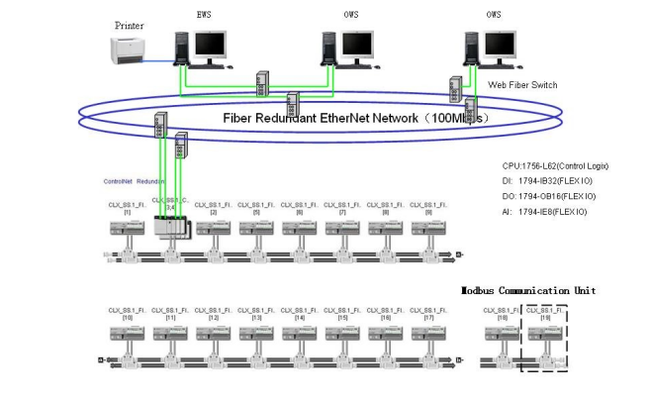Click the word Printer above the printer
[x=129, y=25]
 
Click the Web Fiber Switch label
[x=523, y=85]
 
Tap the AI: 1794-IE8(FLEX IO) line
[x=544, y=212]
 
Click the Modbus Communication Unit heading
[x=527, y=290]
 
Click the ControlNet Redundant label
[x=136, y=181]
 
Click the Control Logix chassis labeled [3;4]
[x=171, y=229]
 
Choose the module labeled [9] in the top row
[x=428, y=229]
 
